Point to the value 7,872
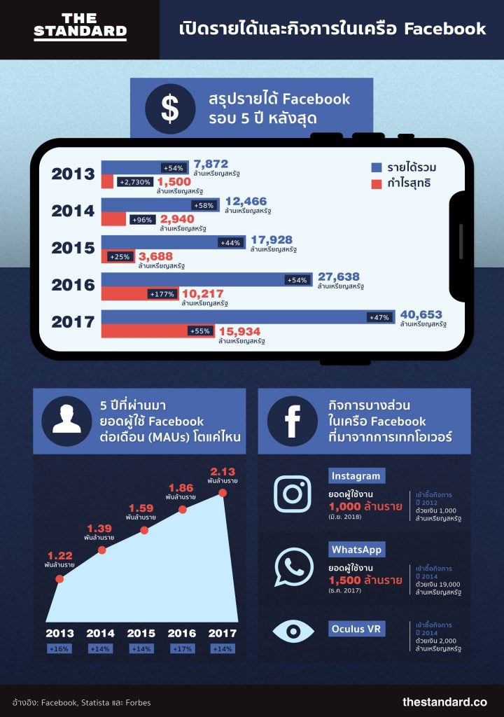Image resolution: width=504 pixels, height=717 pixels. click(211, 163)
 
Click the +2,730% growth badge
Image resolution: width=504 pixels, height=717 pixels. click(134, 182)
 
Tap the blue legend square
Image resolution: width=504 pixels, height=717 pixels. click(376, 167)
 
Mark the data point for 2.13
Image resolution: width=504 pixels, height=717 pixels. click(223, 493)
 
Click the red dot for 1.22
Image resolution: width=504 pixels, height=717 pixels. click(59, 579)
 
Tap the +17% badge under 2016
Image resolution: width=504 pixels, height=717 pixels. click(182, 649)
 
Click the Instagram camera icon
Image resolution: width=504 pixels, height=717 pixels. click(293, 494)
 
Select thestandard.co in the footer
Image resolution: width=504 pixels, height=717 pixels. click(444, 702)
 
